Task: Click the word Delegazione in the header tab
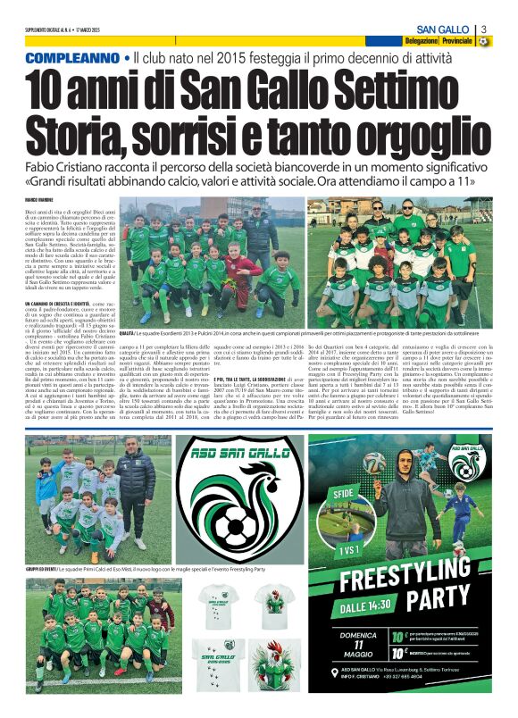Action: (x=421, y=41)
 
